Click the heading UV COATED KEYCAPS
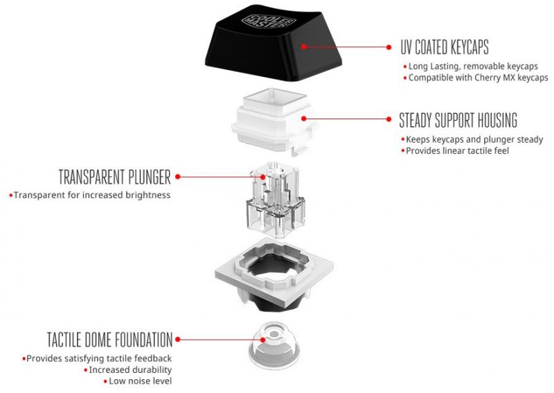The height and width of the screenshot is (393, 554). (444, 47)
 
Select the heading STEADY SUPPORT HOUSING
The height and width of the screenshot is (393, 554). (458, 120)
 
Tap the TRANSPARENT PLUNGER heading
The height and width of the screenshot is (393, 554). (114, 176)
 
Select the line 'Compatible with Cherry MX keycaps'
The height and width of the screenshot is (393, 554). (478, 78)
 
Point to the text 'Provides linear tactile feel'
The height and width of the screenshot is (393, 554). (457, 150)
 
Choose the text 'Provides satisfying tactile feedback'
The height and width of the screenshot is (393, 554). (98, 358)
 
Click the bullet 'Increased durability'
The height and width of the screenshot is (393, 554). (129, 369)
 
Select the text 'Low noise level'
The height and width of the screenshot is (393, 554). (140, 381)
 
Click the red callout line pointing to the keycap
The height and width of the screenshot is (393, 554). (346, 47)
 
